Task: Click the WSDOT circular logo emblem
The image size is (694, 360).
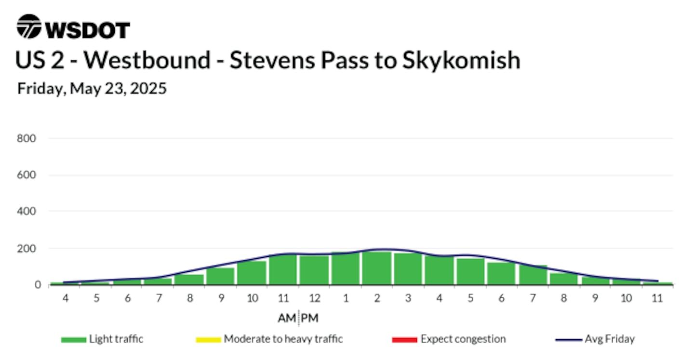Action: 29,27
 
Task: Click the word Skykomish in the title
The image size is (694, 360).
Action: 461,61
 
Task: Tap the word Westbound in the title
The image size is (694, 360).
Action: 147,60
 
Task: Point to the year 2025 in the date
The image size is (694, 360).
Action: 148,88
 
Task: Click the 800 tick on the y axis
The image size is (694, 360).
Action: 27,138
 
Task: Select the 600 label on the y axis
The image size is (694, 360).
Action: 27,175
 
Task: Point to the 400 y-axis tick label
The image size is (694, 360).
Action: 27,211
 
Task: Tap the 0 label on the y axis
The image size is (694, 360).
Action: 38,285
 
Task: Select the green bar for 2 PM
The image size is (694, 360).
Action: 377,268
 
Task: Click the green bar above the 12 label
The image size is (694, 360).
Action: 314,270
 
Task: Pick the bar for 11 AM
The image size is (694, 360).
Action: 283,269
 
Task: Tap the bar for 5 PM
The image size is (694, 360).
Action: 470,271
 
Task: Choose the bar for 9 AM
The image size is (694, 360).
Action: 221,276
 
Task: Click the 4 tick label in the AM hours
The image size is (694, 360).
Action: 66,298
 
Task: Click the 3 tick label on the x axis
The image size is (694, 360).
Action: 408,298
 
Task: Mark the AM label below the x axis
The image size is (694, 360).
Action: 287,318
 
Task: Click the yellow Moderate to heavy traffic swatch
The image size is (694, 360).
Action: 208,340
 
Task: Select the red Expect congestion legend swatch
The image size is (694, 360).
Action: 405,340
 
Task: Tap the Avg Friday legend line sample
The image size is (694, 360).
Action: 569,340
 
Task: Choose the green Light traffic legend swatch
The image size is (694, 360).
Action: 74,340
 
